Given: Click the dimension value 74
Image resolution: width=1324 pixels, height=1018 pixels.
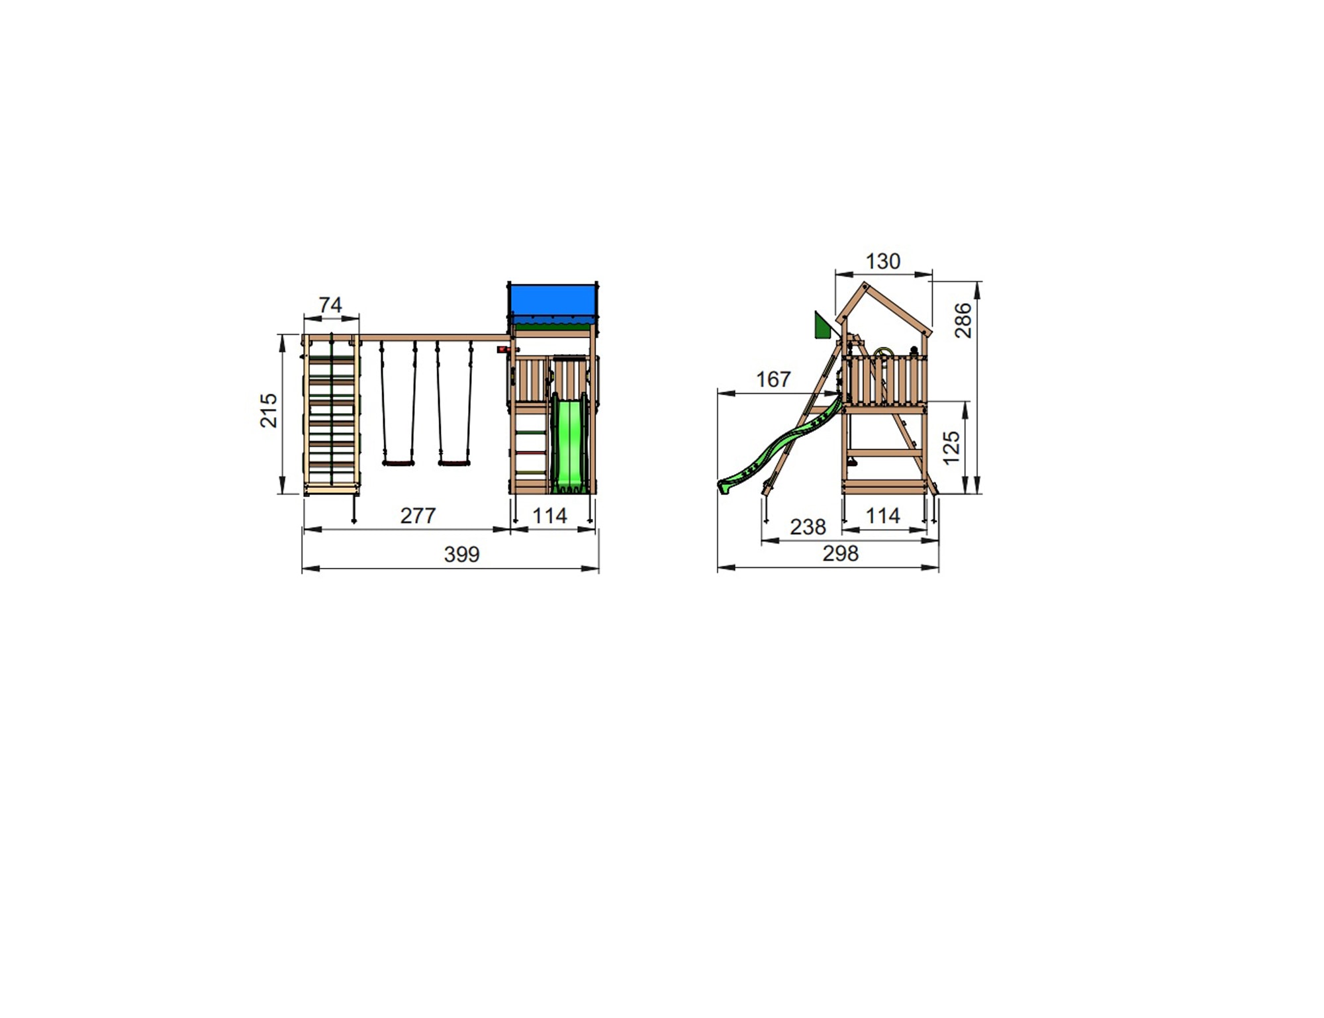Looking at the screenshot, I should tap(330, 304).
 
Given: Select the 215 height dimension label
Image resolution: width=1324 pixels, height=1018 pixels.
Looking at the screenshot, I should tap(269, 410).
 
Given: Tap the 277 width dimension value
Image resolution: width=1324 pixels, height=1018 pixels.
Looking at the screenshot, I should tap(418, 516).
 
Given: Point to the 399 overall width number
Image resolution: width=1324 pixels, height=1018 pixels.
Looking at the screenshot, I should tap(461, 554).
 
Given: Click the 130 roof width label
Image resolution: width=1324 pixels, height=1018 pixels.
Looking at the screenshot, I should tap(882, 261).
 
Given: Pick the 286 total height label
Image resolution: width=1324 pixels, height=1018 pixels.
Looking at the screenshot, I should tap(963, 320).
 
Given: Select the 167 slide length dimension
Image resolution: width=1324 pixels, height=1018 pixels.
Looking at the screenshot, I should tap(773, 379).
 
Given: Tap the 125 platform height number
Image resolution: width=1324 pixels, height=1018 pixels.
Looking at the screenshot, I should tap(951, 447).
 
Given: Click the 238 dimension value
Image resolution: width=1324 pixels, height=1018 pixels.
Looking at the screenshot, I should tap(808, 527).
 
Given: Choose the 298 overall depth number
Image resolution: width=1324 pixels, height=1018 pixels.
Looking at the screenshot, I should tap(840, 553).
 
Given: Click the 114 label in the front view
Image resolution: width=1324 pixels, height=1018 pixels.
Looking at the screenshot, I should tap(549, 516).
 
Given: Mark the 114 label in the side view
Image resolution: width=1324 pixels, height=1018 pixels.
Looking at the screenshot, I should tap(882, 516).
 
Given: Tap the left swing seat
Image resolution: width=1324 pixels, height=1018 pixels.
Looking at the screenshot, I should tap(399, 463).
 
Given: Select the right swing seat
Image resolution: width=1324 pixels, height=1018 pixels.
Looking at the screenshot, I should tap(454, 463).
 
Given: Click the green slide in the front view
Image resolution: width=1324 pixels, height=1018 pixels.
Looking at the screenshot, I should tap(569, 443).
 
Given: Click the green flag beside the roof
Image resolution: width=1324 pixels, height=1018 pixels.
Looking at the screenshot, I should tap(822, 326).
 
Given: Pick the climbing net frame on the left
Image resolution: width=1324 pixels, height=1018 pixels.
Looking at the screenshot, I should tap(332, 414).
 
